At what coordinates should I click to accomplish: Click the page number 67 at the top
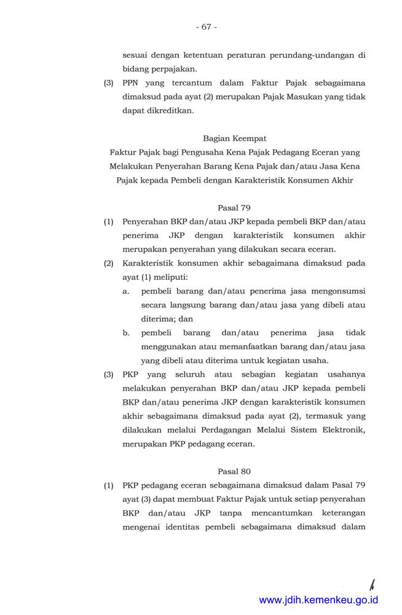(206, 26)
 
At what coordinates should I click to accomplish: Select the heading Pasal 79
(234, 208)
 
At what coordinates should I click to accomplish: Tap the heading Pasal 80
(234, 472)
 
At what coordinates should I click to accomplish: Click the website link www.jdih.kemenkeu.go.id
(318, 600)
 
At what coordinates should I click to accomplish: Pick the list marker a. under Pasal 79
(126, 291)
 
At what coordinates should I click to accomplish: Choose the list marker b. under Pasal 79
(126, 333)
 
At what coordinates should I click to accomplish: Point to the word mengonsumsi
(334, 291)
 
